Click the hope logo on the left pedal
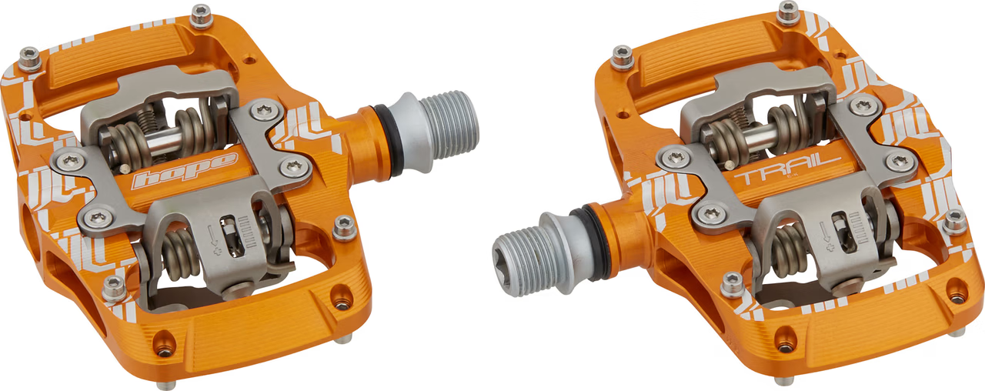(x=185, y=171)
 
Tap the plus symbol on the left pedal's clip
(x=216, y=252)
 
